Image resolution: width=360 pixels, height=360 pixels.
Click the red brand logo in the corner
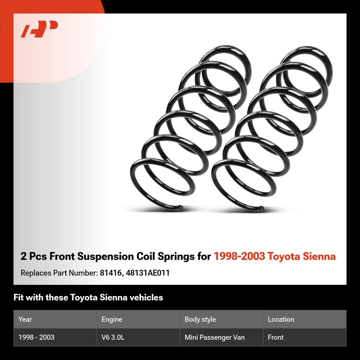point(39,29)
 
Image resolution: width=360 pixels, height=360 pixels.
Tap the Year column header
point(25,319)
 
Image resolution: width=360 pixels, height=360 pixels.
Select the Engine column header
point(112,319)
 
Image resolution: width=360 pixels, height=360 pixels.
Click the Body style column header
point(200,319)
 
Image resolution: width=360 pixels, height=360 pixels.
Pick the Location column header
point(281,319)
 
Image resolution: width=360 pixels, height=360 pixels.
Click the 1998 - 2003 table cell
point(36,337)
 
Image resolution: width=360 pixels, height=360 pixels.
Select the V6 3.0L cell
point(113,337)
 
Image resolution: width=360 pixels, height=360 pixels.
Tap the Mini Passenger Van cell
point(215,337)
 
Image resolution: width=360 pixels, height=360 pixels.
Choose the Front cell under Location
point(275,337)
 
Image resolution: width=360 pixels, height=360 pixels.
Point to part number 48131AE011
point(148,273)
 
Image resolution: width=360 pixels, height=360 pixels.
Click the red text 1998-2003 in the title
point(239,256)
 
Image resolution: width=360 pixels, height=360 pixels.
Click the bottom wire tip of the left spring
point(181,207)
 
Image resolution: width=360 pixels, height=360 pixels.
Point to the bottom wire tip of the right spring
point(262,208)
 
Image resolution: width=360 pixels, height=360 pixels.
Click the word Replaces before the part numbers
point(36,273)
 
